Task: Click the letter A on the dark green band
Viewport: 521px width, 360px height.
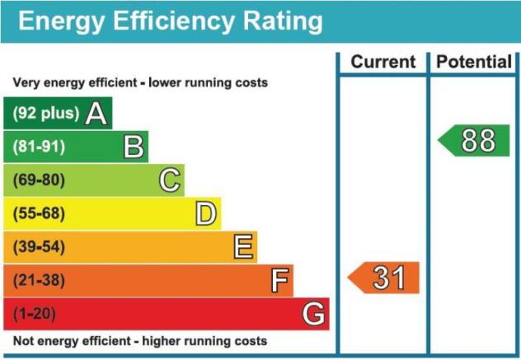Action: [x=96, y=114]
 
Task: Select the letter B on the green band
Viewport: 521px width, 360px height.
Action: [x=134, y=147]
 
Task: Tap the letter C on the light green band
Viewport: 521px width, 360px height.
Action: [x=170, y=180]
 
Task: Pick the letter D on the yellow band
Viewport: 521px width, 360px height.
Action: [x=206, y=213]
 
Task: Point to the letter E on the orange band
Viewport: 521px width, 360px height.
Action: [x=243, y=246]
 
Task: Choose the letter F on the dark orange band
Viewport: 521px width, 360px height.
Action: [x=279, y=280]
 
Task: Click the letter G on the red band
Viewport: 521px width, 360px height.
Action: [x=313, y=313]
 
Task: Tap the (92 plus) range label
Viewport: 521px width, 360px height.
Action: [x=46, y=113]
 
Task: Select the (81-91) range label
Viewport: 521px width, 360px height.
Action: [x=39, y=147]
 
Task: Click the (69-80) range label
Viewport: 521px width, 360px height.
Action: [x=39, y=180]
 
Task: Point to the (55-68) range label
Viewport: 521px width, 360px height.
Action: [x=39, y=213]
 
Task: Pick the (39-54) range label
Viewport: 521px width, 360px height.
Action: [x=39, y=247]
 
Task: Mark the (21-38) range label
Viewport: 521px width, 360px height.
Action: [x=39, y=280]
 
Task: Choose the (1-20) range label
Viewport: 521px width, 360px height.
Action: [x=35, y=314]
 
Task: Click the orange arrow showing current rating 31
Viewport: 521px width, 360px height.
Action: [x=383, y=278]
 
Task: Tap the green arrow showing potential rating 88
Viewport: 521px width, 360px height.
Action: [x=474, y=141]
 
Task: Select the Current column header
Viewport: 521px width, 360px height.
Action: [x=383, y=62]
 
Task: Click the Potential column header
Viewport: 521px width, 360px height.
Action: [x=474, y=62]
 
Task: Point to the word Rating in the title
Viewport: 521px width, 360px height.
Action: [x=283, y=22]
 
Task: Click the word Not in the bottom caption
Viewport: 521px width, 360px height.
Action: [x=22, y=341]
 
